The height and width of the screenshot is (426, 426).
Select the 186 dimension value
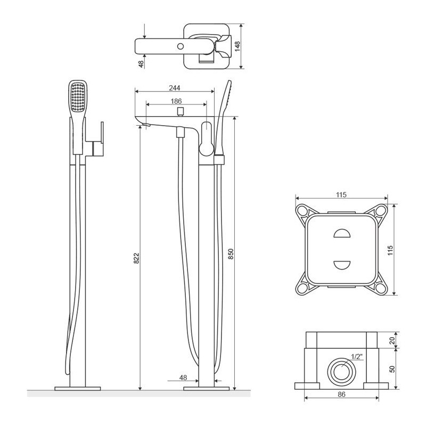(176, 101)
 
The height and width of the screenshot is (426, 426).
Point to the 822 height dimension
(136, 258)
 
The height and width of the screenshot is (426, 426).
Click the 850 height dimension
(231, 255)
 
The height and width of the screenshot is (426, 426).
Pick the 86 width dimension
(341, 395)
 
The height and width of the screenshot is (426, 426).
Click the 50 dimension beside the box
(392, 369)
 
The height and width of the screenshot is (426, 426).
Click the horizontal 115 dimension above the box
(341, 195)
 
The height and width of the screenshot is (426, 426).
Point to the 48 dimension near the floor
(183, 378)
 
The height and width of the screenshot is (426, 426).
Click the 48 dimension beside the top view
(141, 63)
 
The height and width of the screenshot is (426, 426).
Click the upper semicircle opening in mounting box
(341, 234)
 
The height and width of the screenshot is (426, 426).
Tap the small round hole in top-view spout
(182, 46)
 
